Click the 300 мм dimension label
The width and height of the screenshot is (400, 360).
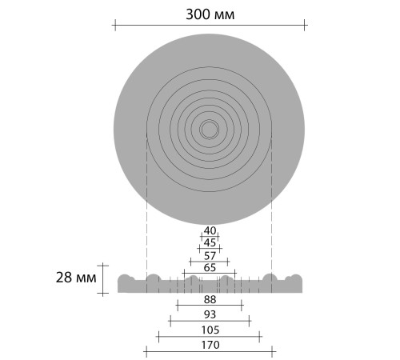coord(210,14)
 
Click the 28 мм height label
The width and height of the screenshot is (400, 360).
coord(76,278)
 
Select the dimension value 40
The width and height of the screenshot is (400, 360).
coord(210,230)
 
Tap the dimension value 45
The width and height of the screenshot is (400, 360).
coord(210,243)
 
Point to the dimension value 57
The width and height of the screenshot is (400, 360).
coord(210,256)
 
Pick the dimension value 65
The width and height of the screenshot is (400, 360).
coord(210,268)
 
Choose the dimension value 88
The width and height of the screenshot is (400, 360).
coord(210,300)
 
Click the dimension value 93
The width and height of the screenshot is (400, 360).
coord(210,314)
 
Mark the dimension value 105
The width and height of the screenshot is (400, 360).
coord(210,330)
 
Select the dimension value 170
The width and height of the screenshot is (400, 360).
coord(210,345)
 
